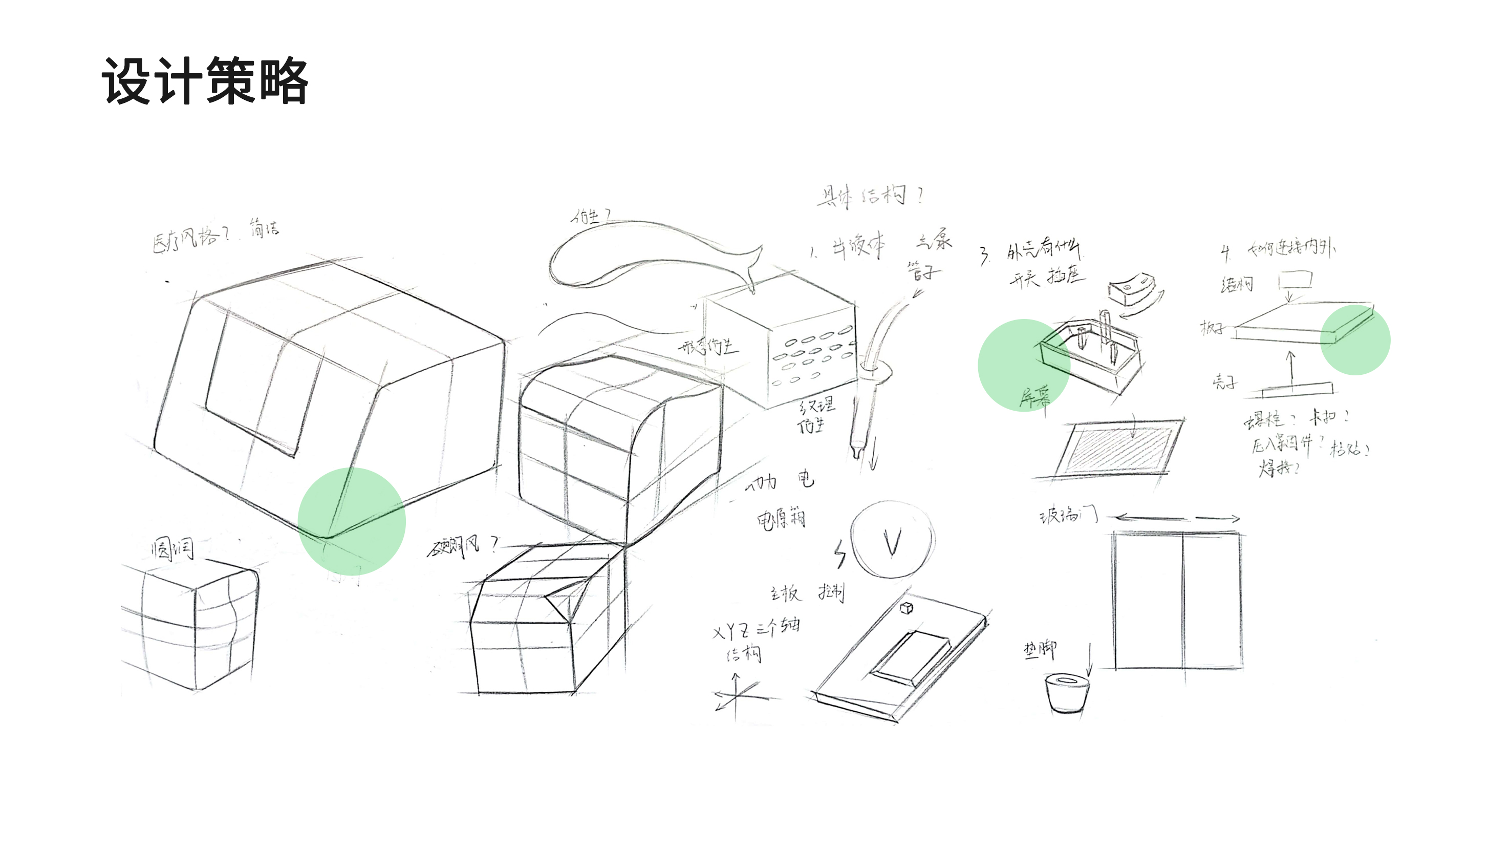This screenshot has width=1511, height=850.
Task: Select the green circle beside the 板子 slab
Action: click(1355, 339)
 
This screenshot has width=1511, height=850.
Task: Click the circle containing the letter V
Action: click(892, 540)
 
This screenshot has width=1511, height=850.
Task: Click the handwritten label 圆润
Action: click(172, 549)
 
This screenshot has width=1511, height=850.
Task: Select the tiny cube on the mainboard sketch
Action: click(906, 608)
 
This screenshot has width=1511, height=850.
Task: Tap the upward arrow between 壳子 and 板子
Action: click(1290, 370)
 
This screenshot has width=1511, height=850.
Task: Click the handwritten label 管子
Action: click(923, 271)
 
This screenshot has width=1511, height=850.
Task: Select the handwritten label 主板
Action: click(785, 593)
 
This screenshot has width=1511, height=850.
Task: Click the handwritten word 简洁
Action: click(265, 227)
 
